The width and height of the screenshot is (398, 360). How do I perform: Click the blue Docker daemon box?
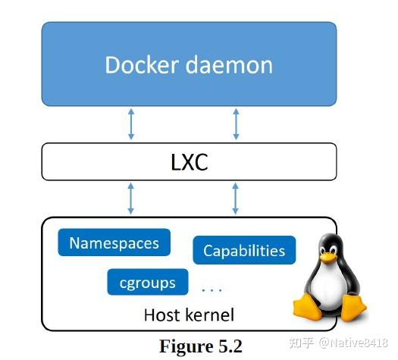pyautogui.click(x=189, y=64)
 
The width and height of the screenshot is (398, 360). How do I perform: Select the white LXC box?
pyautogui.click(x=189, y=162)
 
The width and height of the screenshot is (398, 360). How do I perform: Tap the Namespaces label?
pyautogui.click(x=114, y=243)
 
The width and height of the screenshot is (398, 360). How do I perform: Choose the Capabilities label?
pyautogui.click(x=244, y=251)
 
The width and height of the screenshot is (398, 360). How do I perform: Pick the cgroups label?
pyautogui.click(x=147, y=283)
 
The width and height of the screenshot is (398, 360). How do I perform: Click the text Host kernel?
pyautogui.click(x=189, y=315)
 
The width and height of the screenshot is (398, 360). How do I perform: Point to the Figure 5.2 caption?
pyautogui.click(x=201, y=346)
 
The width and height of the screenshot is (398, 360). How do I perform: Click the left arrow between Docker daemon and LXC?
pyautogui.click(x=131, y=124)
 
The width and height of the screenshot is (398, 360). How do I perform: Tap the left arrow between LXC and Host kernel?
pyautogui.click(x=131, y=199)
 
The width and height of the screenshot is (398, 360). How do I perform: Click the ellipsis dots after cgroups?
pyautogui.click(x=212, y=290)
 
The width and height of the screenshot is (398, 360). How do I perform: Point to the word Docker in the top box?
pyautogui.click(x=142, y=64)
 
